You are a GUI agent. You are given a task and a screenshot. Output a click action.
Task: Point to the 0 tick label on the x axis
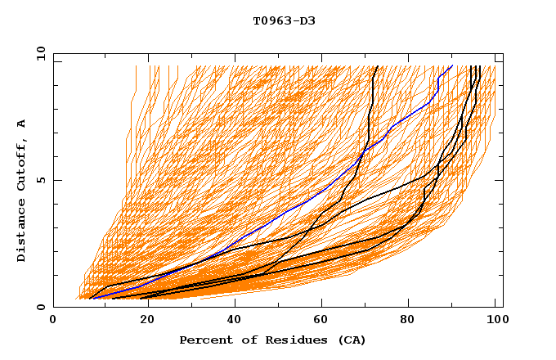(53, 322)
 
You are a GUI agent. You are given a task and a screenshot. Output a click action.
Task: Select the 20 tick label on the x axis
(141, 322)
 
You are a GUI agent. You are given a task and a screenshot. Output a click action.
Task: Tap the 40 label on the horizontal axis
(231, 322)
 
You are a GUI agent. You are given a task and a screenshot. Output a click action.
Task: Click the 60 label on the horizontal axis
(319, 322)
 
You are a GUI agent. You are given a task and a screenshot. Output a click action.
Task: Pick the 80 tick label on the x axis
(407, 322)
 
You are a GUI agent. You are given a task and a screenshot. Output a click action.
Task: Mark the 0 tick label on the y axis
(40, 308)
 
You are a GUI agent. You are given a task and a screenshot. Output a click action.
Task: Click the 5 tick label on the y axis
(40, 180)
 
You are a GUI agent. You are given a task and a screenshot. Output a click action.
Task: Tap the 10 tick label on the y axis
(38, 53)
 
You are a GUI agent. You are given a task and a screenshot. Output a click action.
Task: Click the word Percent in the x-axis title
(203, 340)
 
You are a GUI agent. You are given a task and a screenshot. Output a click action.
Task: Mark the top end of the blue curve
(452, 66)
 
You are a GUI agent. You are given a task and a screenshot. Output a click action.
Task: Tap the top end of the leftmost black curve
(375, 67)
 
